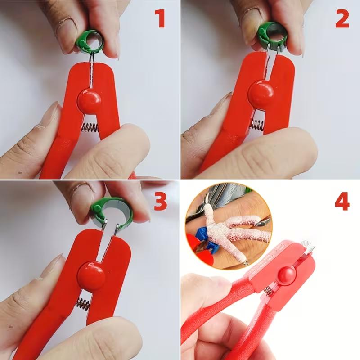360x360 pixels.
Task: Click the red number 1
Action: click(160, 19)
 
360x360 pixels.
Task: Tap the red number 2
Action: click(342, 19)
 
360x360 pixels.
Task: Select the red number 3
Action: click(161, 202)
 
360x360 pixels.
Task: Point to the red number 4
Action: click(342, 202)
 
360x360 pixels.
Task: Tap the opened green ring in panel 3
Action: click(96, 210)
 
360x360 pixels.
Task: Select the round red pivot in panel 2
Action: click(262, 93)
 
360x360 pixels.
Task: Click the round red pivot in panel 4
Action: click(287, 275)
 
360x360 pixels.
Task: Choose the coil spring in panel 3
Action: click(83, 305)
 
